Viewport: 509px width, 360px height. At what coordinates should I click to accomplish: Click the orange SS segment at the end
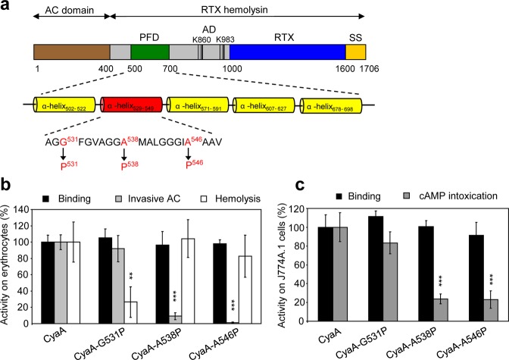tap(355, 52)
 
